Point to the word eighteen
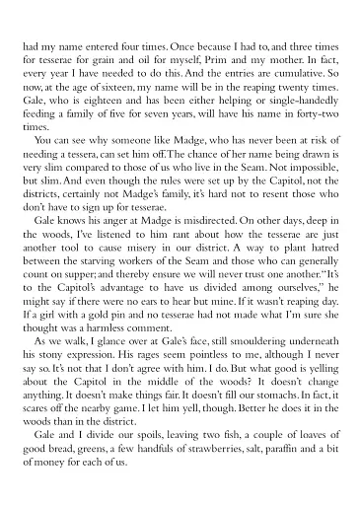click(104, 103)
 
